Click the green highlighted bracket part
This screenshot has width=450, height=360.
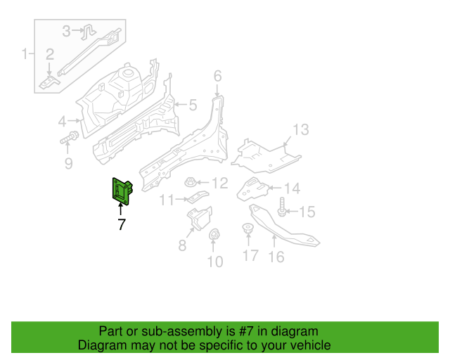coord(122,191)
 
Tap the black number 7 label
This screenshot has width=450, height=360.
coord(122,225)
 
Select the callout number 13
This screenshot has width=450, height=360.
coord(300,130)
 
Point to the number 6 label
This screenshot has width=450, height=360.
coord(217,76)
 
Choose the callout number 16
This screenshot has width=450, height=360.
coord(276,257)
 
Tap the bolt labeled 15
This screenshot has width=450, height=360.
coord(283,209)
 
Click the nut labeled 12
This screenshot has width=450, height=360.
coord(191,183)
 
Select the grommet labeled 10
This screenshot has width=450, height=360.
coord(215,236)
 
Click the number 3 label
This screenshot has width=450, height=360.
coord(67,30)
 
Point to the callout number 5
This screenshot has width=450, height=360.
coord(193,105)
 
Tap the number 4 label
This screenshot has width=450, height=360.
coord(62,122)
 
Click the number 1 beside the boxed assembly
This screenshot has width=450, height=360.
coord(26,54)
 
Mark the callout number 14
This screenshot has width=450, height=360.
coord(291,188)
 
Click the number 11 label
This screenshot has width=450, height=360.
coord(166,200)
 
